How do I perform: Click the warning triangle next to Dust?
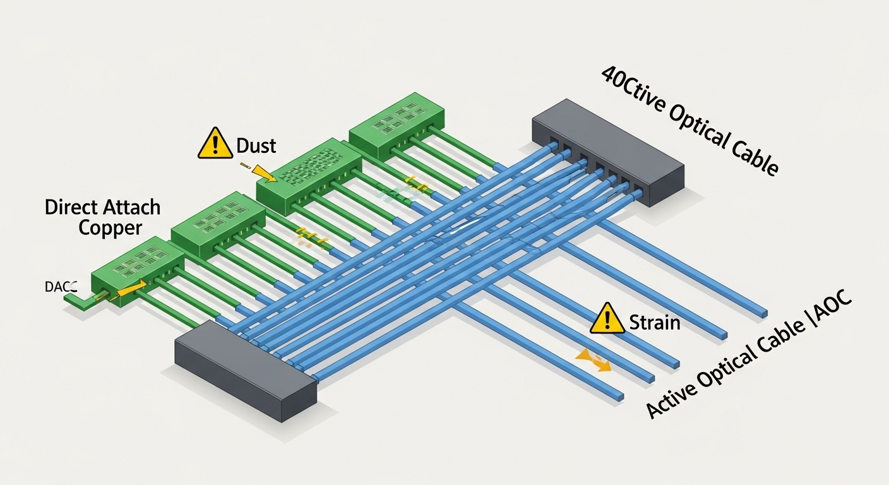215,144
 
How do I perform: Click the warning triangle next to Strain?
607,319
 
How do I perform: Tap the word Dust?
256,146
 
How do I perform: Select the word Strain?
654,323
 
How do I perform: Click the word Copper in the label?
110,227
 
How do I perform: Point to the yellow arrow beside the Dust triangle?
259,170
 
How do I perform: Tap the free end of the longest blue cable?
763,313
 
